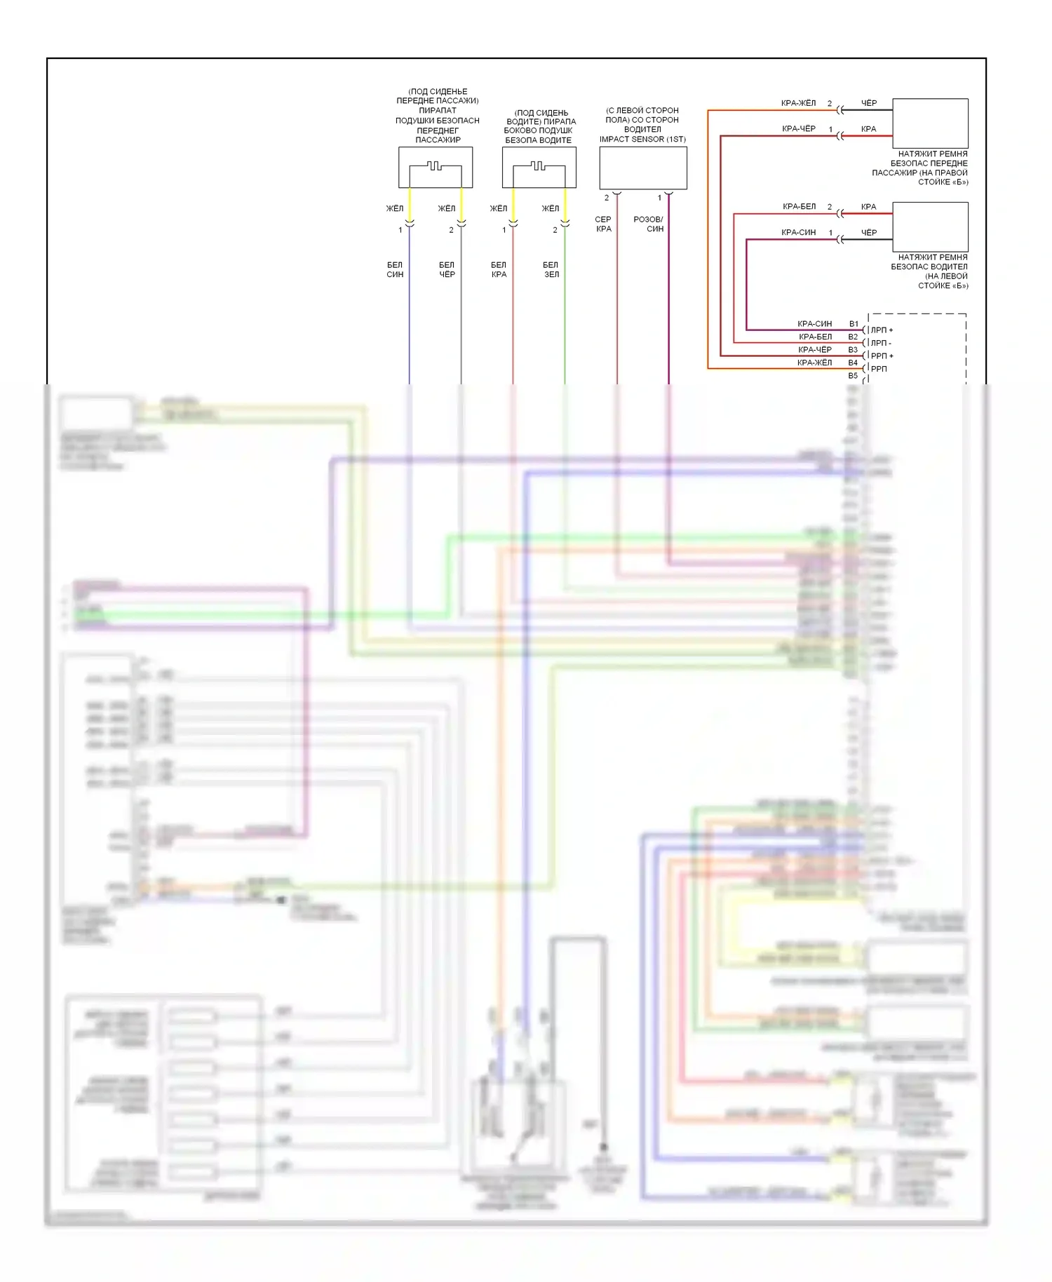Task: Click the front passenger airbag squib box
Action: (x=436, y=167)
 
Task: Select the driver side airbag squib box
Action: (x=539, y=167)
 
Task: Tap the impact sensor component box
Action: (x=642, y=167)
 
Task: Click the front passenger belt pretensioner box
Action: (x=930, y=123)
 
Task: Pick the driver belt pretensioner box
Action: (x=930, y=227)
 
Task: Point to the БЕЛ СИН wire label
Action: (x=395, y=269)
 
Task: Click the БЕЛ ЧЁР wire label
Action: (x=447, y=269)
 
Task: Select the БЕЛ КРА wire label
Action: (x=499, y=269)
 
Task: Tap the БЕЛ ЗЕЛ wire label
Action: (x=551, y=269)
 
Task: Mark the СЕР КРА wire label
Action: (x=603, y=224)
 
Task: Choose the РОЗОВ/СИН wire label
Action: (x=649, y=224)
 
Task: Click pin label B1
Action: (x=854, y=324)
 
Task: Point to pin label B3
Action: (x=853, y=350)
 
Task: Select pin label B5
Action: (x=853, y=376)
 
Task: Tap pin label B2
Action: (x=853, y=337)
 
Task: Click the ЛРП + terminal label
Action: (x=882, y=330)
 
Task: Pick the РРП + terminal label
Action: (x=882, y=356)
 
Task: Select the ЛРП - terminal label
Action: (x=881, y=343)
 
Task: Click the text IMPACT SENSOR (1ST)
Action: (x=642, y=139)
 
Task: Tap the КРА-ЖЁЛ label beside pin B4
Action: (x=814, y=363)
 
